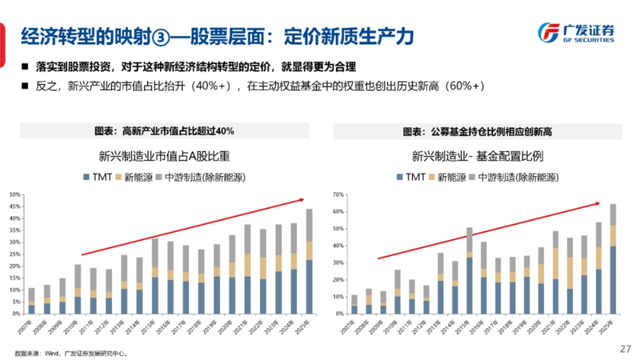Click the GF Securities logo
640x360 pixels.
tap(576, 33)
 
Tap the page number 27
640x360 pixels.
tap(625, 349)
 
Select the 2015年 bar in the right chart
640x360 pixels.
tap(469, 270)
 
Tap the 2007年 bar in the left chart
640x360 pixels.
tap(32, 301)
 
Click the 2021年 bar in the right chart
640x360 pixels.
tap(555, 272)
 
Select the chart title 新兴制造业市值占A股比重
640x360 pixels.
tap(164, 157)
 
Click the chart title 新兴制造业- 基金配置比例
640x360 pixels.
tap(477, 157)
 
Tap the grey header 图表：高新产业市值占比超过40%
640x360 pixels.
tap(164, 132)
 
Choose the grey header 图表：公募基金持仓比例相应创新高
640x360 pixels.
tap(477, 132)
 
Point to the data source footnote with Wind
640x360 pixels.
tap(71, 353)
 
